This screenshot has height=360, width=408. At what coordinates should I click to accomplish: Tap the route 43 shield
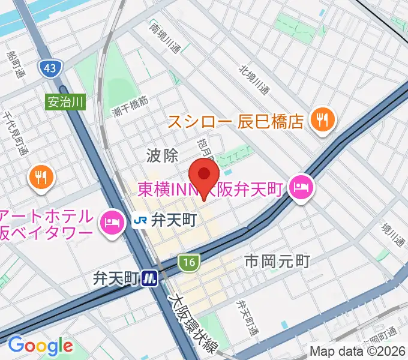[50, 68]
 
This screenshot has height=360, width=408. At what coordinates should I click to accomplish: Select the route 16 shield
[188, 262]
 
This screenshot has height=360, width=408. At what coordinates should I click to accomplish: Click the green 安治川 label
[65, 102]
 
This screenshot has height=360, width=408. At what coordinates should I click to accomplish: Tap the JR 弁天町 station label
[165, 221]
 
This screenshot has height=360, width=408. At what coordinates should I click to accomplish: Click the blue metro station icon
[150, 278]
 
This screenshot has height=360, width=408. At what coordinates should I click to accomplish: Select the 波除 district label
[162, 156]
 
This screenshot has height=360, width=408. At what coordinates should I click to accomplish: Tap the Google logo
[40, 345]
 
